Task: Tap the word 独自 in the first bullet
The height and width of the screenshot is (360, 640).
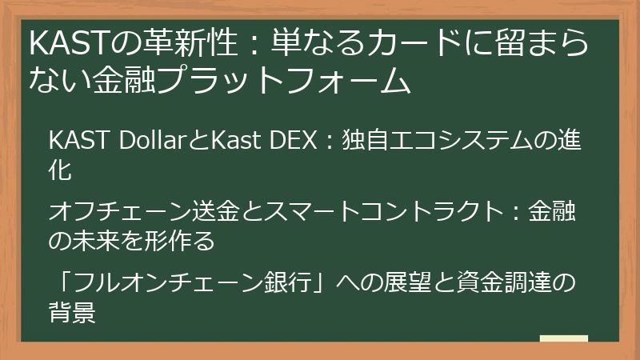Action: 362,140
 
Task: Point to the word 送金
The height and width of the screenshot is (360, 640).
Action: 197,212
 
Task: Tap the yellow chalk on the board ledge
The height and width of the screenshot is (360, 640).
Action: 563,338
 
